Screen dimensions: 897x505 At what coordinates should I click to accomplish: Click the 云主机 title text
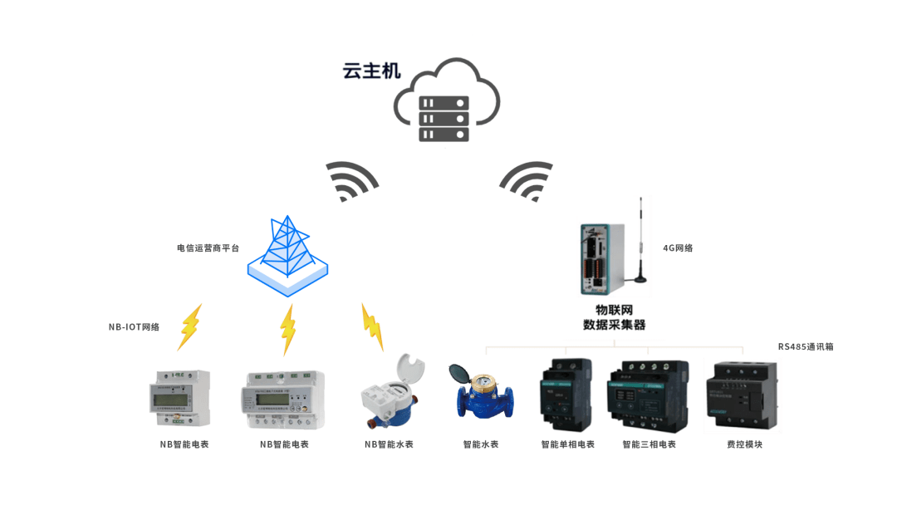372,71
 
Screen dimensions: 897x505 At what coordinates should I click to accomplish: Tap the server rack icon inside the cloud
444,119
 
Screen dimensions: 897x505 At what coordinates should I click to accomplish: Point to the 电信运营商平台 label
208,248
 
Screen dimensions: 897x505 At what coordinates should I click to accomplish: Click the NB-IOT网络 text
134,327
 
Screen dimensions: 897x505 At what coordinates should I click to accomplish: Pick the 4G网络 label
678,248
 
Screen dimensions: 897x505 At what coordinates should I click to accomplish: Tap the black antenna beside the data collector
640,240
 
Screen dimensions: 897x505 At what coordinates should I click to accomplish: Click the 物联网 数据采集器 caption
615,317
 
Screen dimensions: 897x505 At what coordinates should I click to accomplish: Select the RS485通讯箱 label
806,346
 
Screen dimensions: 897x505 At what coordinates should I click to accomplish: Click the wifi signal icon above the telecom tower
350,180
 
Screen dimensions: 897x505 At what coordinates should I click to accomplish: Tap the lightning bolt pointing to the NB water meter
372,326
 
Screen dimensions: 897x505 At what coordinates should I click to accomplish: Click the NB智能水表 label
389,444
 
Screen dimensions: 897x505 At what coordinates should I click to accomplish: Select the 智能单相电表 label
568,444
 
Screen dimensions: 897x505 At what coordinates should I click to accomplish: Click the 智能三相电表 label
649,444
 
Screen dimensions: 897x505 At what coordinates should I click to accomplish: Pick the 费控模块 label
745,444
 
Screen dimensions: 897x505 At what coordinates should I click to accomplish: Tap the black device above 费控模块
743,395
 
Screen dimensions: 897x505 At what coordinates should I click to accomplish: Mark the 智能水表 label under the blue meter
481,444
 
